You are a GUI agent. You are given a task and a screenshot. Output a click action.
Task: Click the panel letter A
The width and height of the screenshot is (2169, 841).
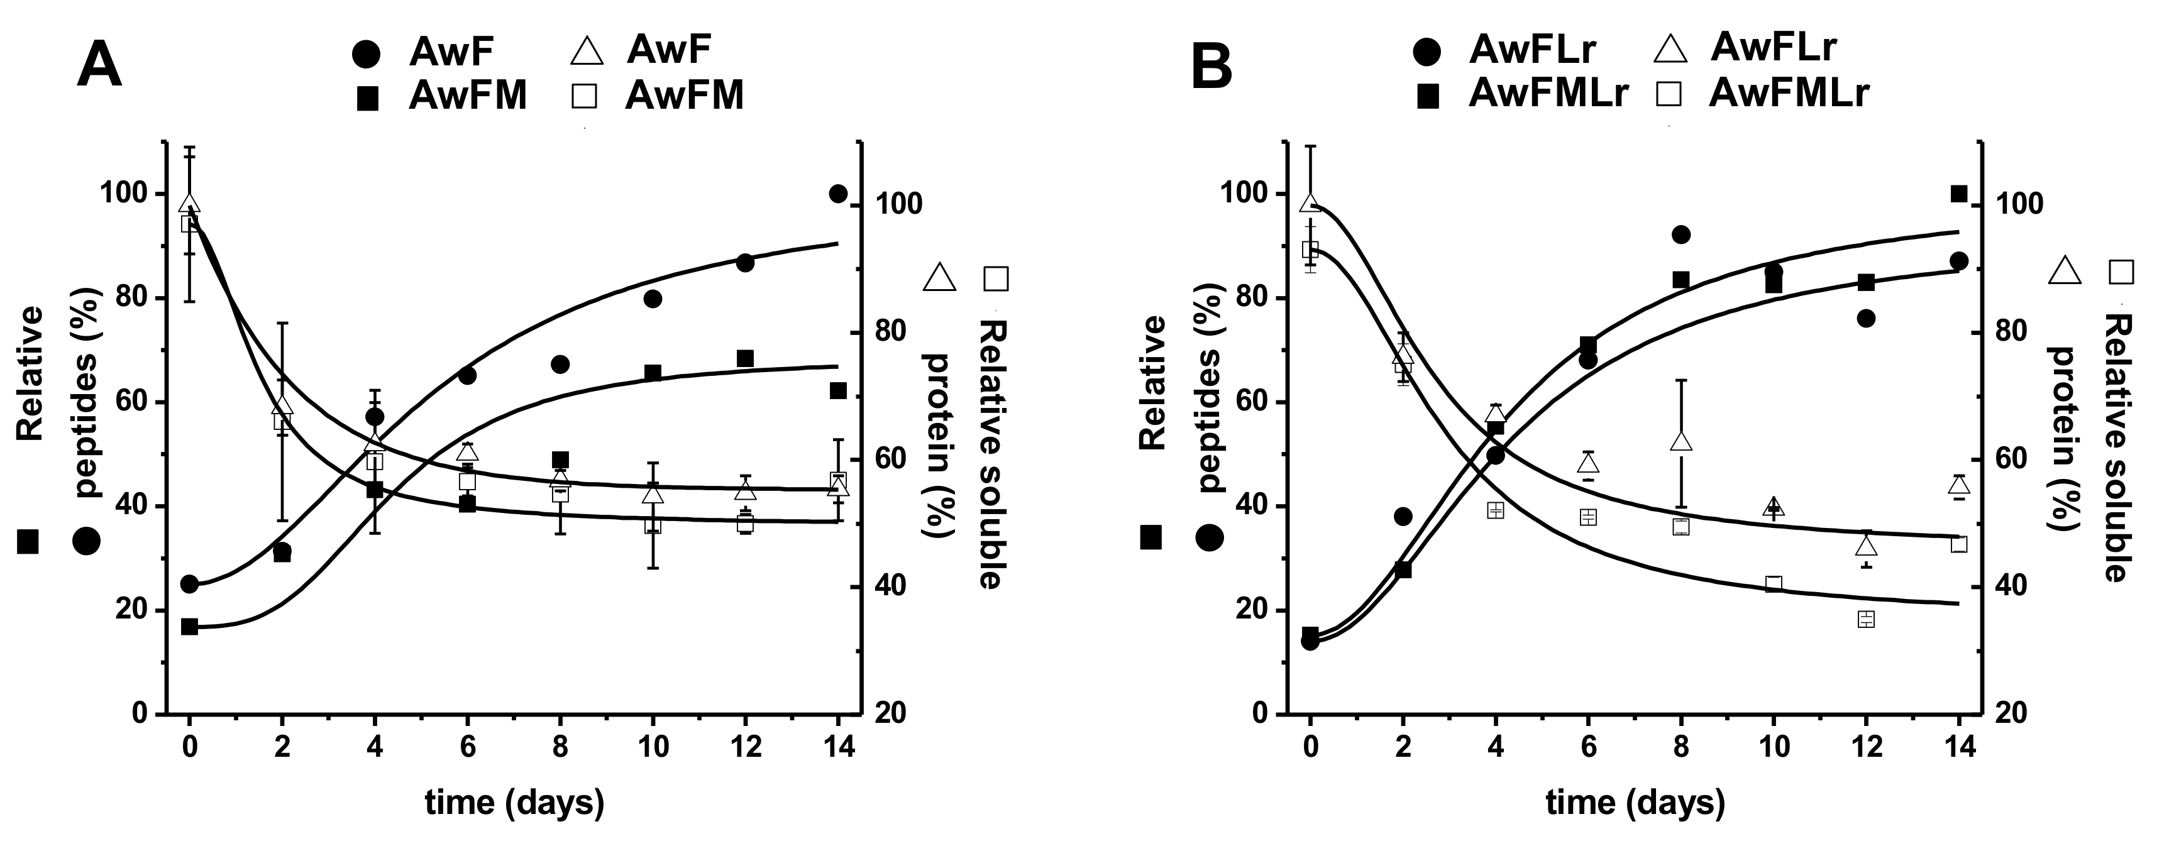click(99, 67)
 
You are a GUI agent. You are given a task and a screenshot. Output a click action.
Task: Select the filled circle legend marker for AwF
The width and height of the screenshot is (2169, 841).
click(367, 54)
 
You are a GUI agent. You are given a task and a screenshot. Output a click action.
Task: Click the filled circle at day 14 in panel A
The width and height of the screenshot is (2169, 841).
click(838, 194)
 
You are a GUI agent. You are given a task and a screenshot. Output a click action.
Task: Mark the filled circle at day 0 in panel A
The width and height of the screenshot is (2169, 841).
click(189, 583)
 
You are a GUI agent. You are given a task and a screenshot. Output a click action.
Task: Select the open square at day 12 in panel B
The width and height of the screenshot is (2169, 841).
click(1866, 618)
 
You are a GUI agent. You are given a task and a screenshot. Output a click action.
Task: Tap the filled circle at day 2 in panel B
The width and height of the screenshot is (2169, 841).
click(1403, 516)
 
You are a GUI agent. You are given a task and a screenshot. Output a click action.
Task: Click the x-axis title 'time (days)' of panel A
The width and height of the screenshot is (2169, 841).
click(514, 802)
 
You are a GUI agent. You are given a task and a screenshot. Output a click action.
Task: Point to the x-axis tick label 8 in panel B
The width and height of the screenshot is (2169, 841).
click(1681, 746)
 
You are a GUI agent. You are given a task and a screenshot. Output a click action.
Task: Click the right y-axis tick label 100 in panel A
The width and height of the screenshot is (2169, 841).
click(901, 204)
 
